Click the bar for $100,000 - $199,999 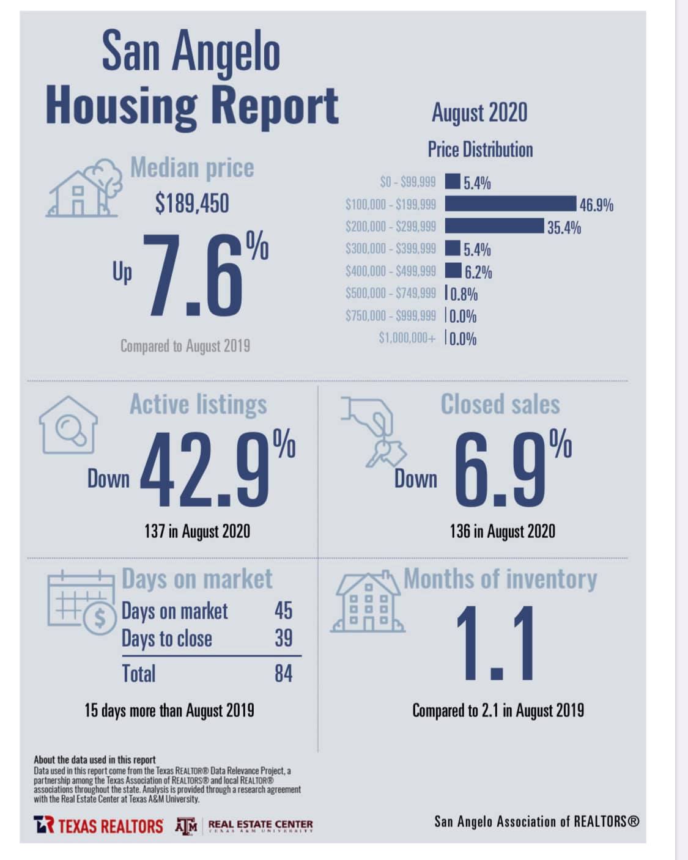pos(511,204)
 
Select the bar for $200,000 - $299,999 pos(494,226)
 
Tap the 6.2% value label pos(478,272)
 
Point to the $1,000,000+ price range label pos(407,338)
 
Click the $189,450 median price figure pos(192,203)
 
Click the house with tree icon pos(84,188)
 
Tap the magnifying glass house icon pos(68,425)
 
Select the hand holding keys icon pos(374,432)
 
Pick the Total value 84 pos(284,674)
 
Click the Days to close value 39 pos(284,638)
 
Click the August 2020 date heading pos(479,112)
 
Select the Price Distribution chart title pos(481,150)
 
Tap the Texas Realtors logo pos(98,825)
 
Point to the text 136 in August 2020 pos(503,532)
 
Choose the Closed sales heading pos(500,404)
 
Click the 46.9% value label pos(596,205)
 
